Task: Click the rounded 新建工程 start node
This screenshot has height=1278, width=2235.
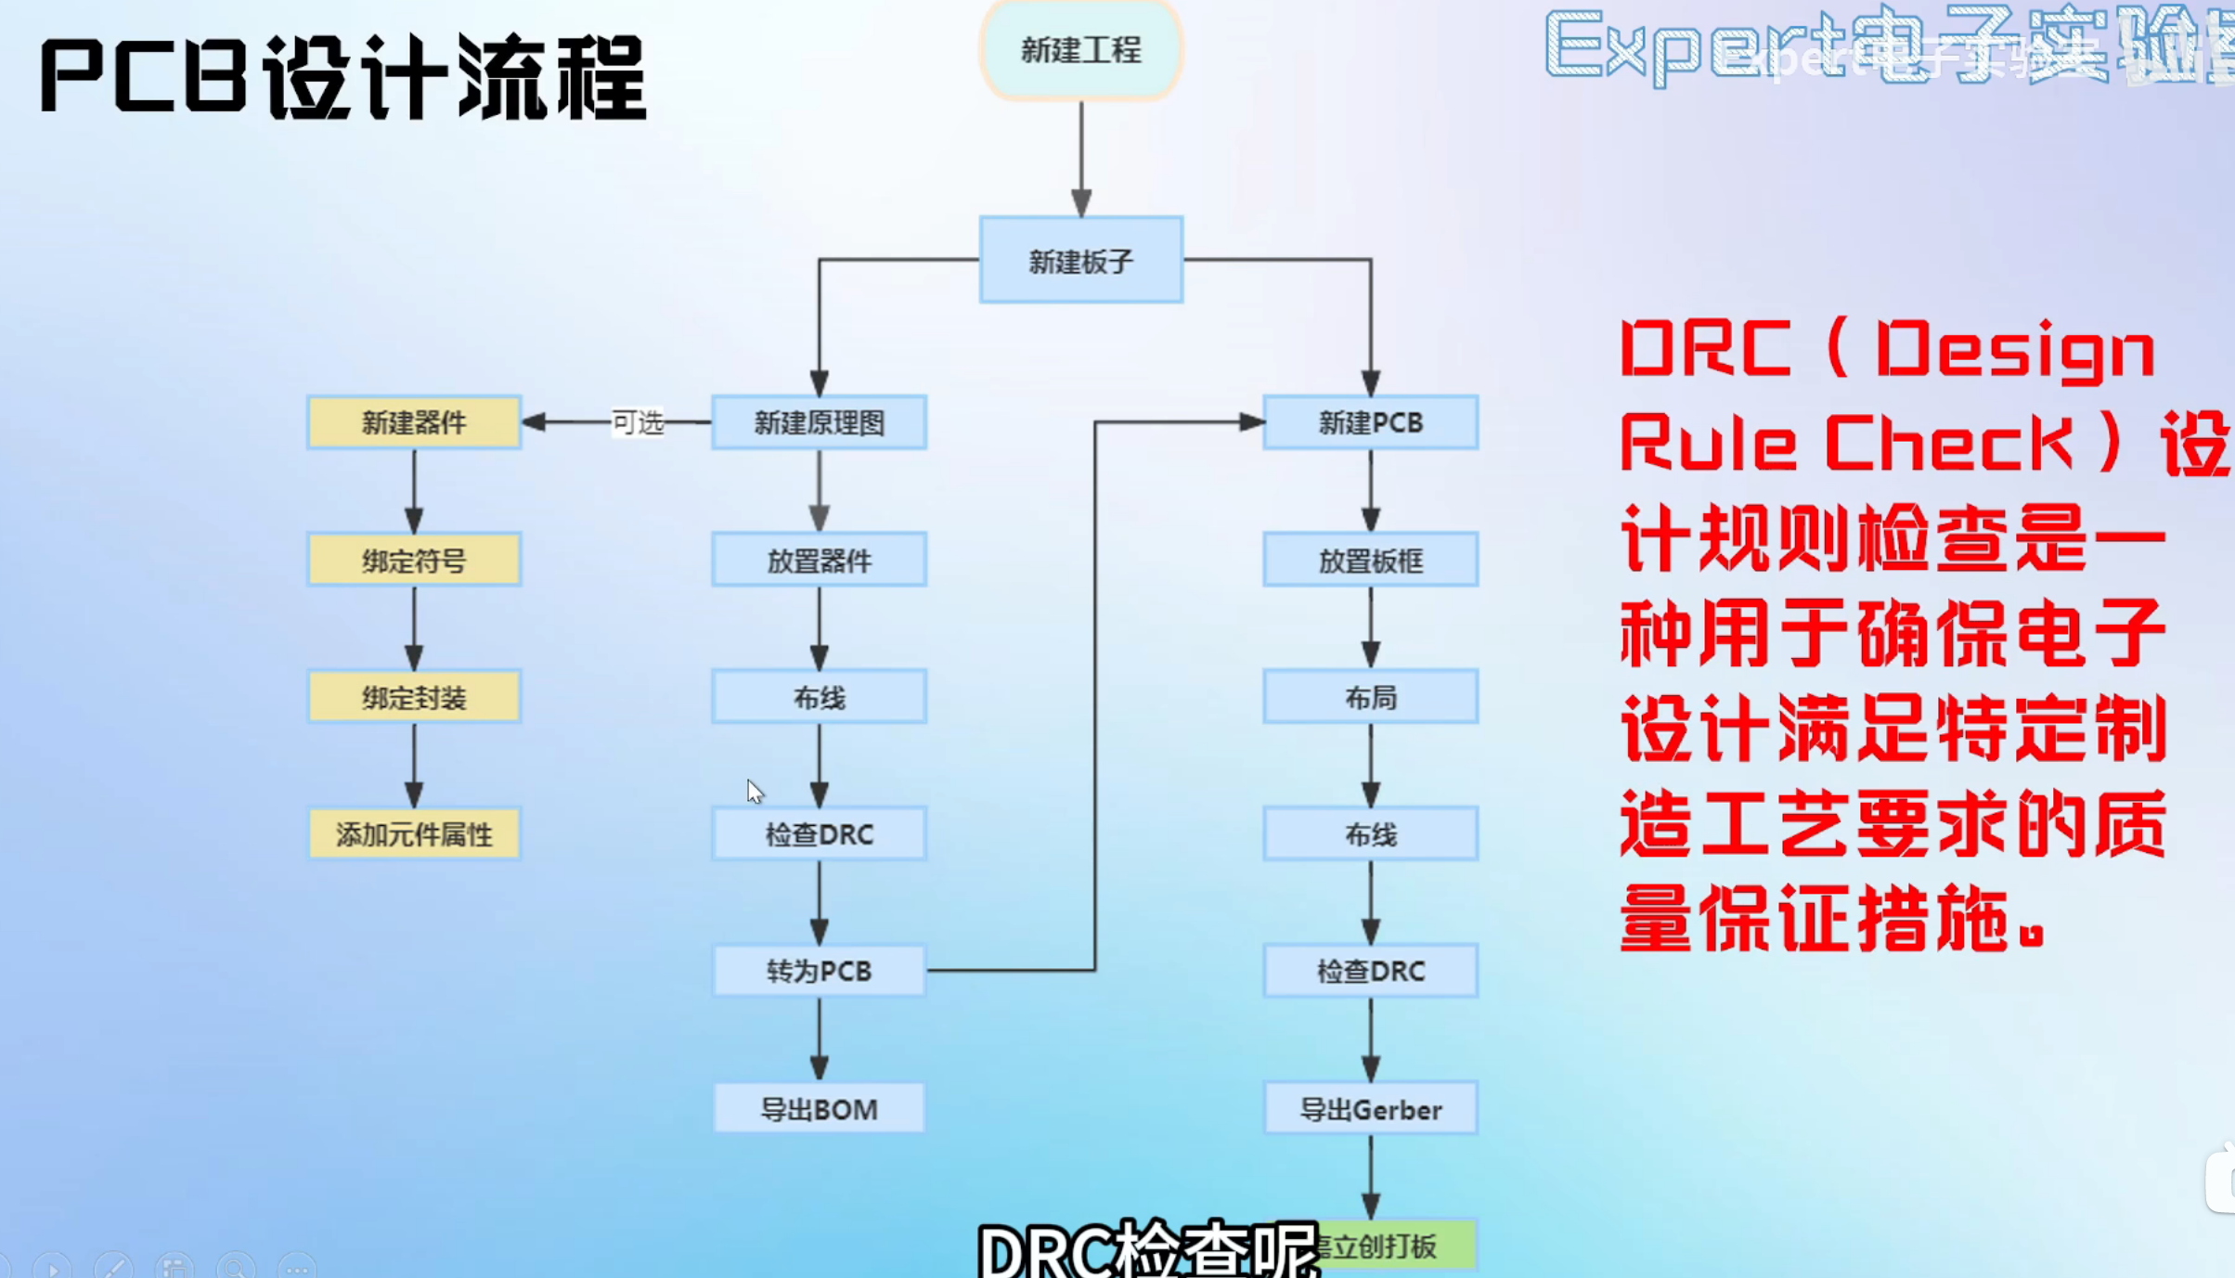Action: [1081, 50]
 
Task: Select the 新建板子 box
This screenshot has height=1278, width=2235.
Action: [1081, 261]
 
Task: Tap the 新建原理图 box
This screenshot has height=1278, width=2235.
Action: [819, 423]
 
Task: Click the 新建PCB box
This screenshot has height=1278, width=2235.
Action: [1370, 423]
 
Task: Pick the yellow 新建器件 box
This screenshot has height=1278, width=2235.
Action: [414, 423]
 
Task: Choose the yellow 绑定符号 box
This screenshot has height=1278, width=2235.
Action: [414, 561]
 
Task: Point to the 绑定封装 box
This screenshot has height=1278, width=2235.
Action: [414, 697]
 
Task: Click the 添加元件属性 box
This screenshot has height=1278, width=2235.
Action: [414, 834]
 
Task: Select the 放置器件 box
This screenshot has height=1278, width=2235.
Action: [819, 561]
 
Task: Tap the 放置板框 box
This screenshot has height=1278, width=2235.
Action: [1370, 561]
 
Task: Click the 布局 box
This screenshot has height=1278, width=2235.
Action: [1370, 697]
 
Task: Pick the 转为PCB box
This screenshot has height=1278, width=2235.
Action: [819, 971]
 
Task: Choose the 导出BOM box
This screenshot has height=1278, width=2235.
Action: [819, 1109]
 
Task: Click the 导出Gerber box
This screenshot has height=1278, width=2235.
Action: [1370, 1109]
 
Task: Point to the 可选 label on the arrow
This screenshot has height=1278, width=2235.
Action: [638, 423]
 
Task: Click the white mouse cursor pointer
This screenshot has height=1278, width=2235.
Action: [755, 792]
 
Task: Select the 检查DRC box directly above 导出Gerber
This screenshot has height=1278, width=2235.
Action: [1370, 971]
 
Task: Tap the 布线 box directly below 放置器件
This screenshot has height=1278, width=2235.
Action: [819, 697]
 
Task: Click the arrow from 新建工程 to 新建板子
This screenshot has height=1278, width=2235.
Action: [1081, 158]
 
